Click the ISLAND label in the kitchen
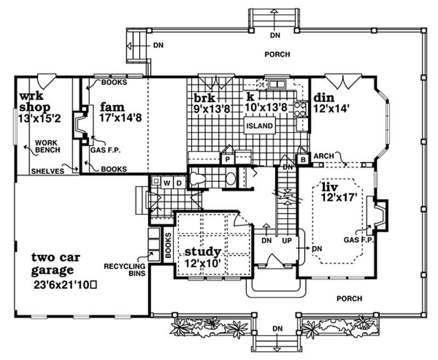(259, 126)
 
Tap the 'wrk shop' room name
(34, 102)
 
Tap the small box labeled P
(227, 158)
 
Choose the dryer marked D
(178, 181)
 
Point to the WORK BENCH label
(47, 146)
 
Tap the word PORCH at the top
(278, 54)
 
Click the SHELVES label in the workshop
(47, 171)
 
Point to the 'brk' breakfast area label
(204, 99)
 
